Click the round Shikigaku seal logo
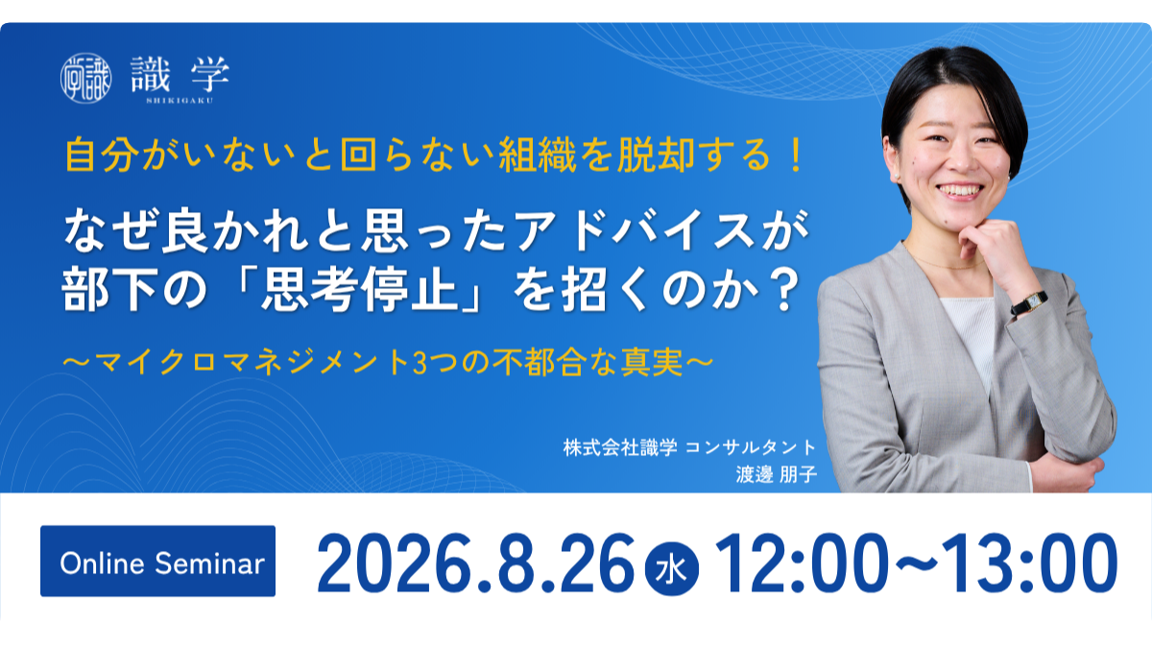(85, 78)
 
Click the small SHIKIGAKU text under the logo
(180, 101)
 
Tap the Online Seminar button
(157, 561)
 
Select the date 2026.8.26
(476, 564)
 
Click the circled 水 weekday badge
(672, 568)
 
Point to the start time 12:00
(802, 564)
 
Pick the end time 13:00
(1030, 564)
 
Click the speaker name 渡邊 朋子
(776, 474)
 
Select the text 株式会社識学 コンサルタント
(689, 447)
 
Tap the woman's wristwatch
(1029, 303)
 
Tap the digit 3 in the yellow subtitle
(420, 363)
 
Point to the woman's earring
(898, 177)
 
